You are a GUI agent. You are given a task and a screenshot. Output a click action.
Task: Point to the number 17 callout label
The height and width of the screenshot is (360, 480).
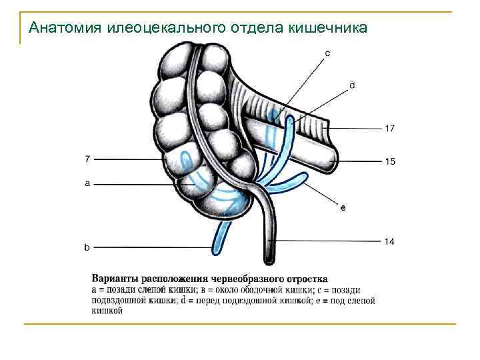coord(389,129)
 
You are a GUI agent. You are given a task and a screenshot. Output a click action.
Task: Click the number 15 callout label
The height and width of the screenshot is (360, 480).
coord(389,161)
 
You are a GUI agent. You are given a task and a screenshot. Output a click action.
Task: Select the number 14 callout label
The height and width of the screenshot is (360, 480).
coord(389,241)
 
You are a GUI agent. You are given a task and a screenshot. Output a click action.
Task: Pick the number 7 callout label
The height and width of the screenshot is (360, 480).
coord(87,159)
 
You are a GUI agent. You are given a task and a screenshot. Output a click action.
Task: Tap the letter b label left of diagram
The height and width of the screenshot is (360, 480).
coord(87,247)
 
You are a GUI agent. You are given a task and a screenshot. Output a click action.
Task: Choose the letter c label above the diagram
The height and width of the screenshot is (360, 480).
coord(327,52)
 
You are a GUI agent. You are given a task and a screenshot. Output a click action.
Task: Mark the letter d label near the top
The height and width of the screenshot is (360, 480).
coord(351,85)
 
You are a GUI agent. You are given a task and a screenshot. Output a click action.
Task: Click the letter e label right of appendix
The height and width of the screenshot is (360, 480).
coord(343,209)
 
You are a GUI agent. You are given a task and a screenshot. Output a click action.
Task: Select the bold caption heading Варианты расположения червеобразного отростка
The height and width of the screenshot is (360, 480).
coord(209,278)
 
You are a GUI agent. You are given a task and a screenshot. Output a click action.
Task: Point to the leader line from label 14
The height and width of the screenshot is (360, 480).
coord(327,241)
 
